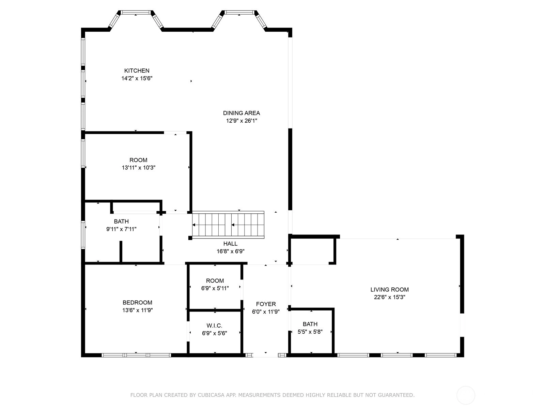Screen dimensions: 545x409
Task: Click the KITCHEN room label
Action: click(137, 71)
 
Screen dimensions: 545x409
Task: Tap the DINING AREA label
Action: click(242, 113)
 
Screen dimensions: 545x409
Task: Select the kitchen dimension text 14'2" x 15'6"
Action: click(137, 78)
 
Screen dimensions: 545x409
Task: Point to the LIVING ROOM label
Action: click(389, 289)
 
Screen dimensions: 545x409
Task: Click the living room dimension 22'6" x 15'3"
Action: click(389, 297)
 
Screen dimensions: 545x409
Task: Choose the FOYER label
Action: click(266, 304)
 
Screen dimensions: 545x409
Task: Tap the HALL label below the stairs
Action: click(230, 244)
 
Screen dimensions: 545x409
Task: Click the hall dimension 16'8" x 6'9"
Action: click(230, 251)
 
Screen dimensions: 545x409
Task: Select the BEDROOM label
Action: click(137, 302)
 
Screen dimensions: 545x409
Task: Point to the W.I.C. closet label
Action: click(214, 325)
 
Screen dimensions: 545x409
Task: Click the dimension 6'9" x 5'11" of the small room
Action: click(215, 288)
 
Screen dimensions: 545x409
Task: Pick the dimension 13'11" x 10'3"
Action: click(138, 168)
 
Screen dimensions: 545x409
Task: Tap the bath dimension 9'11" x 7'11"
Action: click(121, 229)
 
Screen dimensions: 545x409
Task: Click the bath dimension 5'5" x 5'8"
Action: click(310, 332)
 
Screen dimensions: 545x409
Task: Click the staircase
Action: click(228, 225)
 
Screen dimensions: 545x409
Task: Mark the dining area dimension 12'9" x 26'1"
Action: click(242, 121)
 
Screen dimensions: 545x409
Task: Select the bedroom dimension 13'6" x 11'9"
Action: click(137, 310)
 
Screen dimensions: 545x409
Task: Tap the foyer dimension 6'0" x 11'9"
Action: click(266, 312)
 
